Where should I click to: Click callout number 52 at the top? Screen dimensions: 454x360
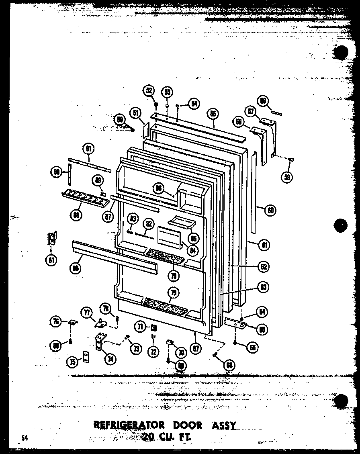tap(149, 91)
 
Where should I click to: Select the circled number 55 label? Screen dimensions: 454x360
tap(213, 114)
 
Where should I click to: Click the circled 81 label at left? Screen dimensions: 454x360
tap(51, 260)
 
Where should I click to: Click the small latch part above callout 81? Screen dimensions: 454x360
tap(52, 239)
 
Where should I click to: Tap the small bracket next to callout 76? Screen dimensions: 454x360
tap(73, 322)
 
